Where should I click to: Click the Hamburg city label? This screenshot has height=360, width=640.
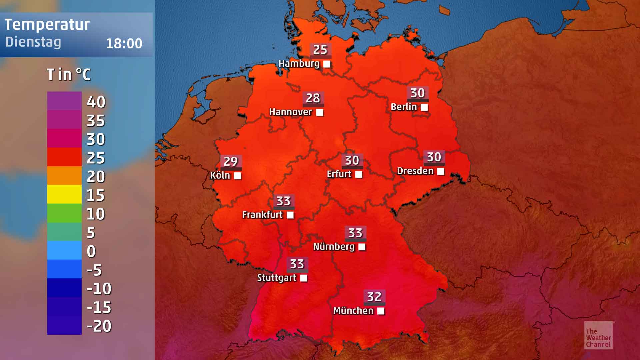pyautogui.click(x=299, y=63)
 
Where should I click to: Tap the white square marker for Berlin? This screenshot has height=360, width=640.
pyautogui.click(x=424, y=107)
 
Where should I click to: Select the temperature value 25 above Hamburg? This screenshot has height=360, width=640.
pyautogui.click(x=320, y=50)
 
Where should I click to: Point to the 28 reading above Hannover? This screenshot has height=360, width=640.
pyautogui.click(x=313, y=98)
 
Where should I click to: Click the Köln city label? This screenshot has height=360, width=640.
pyautogui.click(x=220, y=175)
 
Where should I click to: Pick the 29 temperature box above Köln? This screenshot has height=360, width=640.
pyautogui.click(x=230, y=162)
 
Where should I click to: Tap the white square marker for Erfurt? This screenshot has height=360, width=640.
pyautogui.click(x=359, y=174)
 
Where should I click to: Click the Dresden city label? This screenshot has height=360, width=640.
pyautogui.click(x=415, y=171)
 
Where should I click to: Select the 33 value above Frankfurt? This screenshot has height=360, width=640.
pyautogui.click(x=283, y=201)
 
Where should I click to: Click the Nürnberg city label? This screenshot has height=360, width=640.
pyautogui.click(x=334, y=247)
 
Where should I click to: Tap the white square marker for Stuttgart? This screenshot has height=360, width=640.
pyautogui.click(x=304, y=278)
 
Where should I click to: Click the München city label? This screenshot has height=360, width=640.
pyautogui.click(x=353, y=311)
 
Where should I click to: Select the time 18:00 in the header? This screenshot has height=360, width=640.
pyautogui.click(x=124, y=44)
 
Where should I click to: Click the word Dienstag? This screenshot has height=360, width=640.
pyautogui.click(x=33, y=42)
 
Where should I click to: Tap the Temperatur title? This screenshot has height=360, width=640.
pyautogui.click(x=47, y=25)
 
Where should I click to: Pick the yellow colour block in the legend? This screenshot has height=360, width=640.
pyautogui.click(x=64, y=194)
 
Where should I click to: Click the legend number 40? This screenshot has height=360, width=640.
pyautogui.click(x=96, y=102)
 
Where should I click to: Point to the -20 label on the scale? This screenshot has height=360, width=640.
pyautogui.click(x=99, y=326)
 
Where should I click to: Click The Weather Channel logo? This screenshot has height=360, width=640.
pyautogui.click(x=598, y=335)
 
